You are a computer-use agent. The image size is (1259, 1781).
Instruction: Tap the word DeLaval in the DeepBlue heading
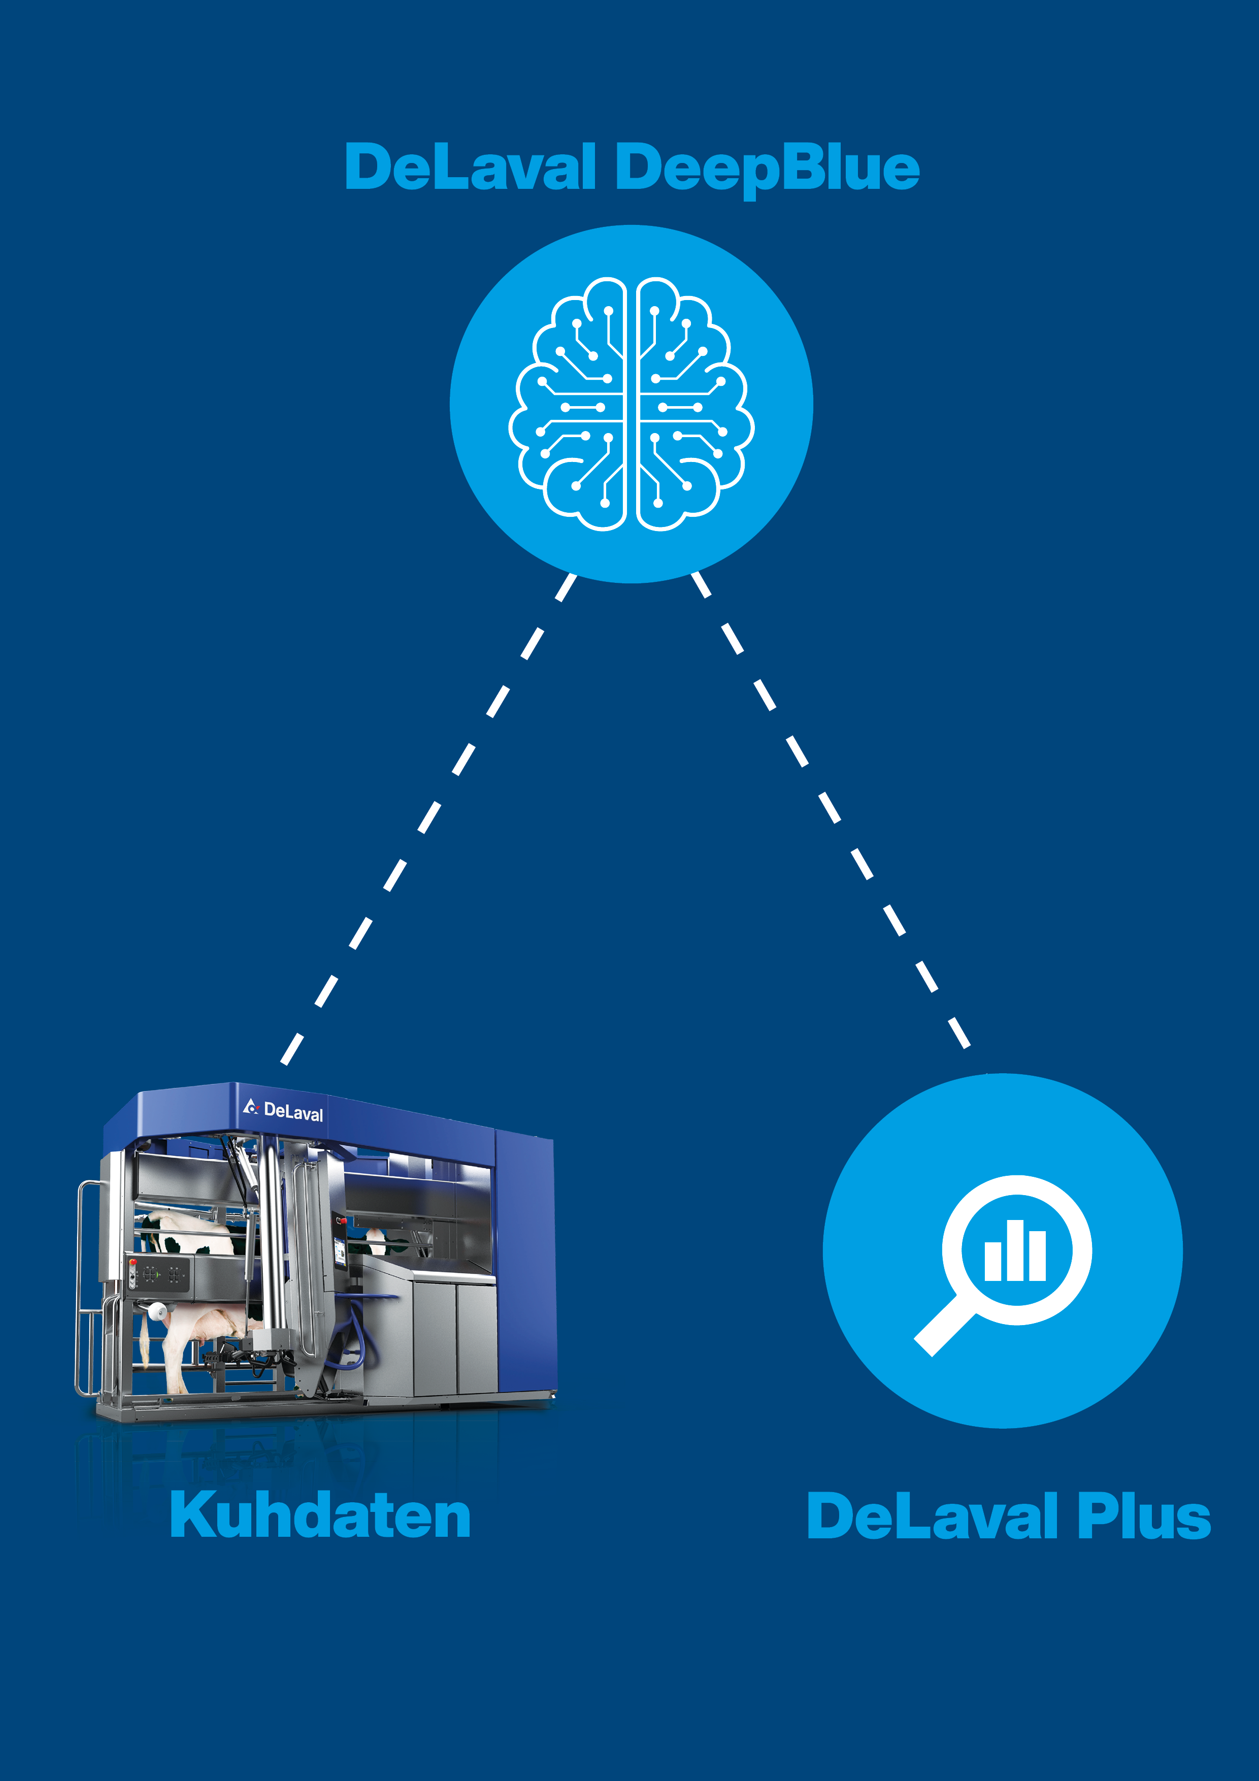470,169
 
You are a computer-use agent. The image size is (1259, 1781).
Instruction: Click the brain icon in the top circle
631,404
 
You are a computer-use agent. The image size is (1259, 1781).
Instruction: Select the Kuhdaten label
320,1515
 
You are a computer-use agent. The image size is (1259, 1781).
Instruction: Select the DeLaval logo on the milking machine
283,1110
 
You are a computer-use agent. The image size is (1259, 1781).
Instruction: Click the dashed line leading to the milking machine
426,818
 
